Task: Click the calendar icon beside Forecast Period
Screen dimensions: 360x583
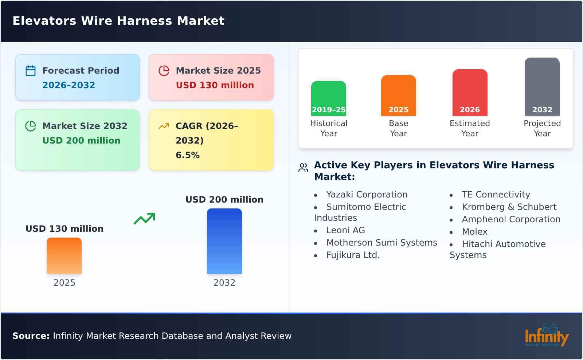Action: (x=31, y=71)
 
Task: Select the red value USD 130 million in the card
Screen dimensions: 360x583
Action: (x=215, y=85)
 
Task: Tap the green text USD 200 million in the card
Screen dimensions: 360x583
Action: (x=81, y=141)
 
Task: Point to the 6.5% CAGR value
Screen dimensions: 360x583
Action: (x=187, y=155)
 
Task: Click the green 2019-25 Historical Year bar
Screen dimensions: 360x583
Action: (x=328, y=98)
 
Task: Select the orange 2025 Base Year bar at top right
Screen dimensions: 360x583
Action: (x=398, y=95)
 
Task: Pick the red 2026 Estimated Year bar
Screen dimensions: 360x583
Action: (x=470, y=92)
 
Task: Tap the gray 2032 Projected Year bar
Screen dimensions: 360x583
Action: (x=542, y=86)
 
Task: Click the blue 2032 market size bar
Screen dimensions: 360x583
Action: (x=224, y=241)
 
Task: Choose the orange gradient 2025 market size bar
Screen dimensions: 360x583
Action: (x=64, y=255)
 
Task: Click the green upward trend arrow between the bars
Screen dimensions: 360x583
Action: (x=144, y=219)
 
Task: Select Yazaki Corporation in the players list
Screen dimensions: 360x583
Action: (x=367, y=195)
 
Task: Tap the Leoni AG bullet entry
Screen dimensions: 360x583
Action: (x=345, y=230)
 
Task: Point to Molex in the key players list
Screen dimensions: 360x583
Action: (x=474, y=232)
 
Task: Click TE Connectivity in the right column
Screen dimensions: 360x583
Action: (x=496, y=195)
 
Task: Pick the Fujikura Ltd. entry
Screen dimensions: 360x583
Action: (x=353, y=255)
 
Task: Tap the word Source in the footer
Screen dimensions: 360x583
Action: (x=31, y=336)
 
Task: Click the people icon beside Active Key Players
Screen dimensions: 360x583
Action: (x=303, y=168)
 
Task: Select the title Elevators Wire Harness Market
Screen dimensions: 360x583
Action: (x=118, y=21)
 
